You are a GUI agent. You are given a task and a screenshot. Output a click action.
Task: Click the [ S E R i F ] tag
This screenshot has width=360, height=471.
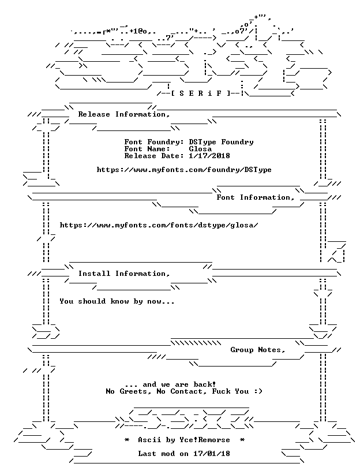coord(201,94)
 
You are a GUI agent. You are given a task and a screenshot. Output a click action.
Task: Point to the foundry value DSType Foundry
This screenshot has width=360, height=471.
coord(222,142)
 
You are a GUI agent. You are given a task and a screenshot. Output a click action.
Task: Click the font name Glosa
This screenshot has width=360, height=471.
coord(200,149)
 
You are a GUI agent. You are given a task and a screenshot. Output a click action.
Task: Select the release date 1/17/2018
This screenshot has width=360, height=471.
coord(209,156)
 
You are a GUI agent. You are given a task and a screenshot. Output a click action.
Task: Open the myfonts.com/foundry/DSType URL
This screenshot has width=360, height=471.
coord(184,170)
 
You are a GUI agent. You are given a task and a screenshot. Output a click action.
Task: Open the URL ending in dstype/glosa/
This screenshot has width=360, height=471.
coord(159,225)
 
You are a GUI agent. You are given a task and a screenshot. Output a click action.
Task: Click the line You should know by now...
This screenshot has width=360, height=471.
coord(117,301)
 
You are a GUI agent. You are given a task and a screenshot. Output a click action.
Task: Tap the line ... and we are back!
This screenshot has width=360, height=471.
coord(170,384)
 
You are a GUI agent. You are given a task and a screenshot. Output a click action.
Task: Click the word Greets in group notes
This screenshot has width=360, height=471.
coord(134,391)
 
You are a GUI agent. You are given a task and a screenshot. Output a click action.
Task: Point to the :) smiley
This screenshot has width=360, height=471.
coord(258,391)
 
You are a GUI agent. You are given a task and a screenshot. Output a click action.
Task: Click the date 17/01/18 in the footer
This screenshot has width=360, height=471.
coord(212,454)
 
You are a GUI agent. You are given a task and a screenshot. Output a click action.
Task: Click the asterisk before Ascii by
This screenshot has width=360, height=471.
coord(127,440)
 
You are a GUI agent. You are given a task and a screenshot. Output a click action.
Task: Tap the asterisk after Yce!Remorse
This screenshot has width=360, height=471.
coord(242,440)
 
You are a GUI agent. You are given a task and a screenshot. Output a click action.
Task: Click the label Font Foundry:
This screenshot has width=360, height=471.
coord(155,142)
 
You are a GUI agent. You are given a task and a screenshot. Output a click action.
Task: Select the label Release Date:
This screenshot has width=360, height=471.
coord(155,156)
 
